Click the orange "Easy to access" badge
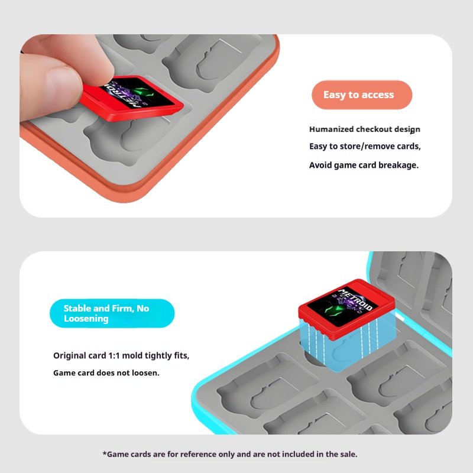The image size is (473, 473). (362, 95)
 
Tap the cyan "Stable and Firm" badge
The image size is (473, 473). (112, 313)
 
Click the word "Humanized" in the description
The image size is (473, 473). (331, 129)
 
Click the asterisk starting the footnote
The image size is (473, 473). (105, 453)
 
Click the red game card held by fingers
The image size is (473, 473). (132, 99)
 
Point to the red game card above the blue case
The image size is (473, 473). (346, 309)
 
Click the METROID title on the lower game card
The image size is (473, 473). (355, 299)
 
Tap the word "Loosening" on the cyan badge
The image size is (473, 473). (86, 319)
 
